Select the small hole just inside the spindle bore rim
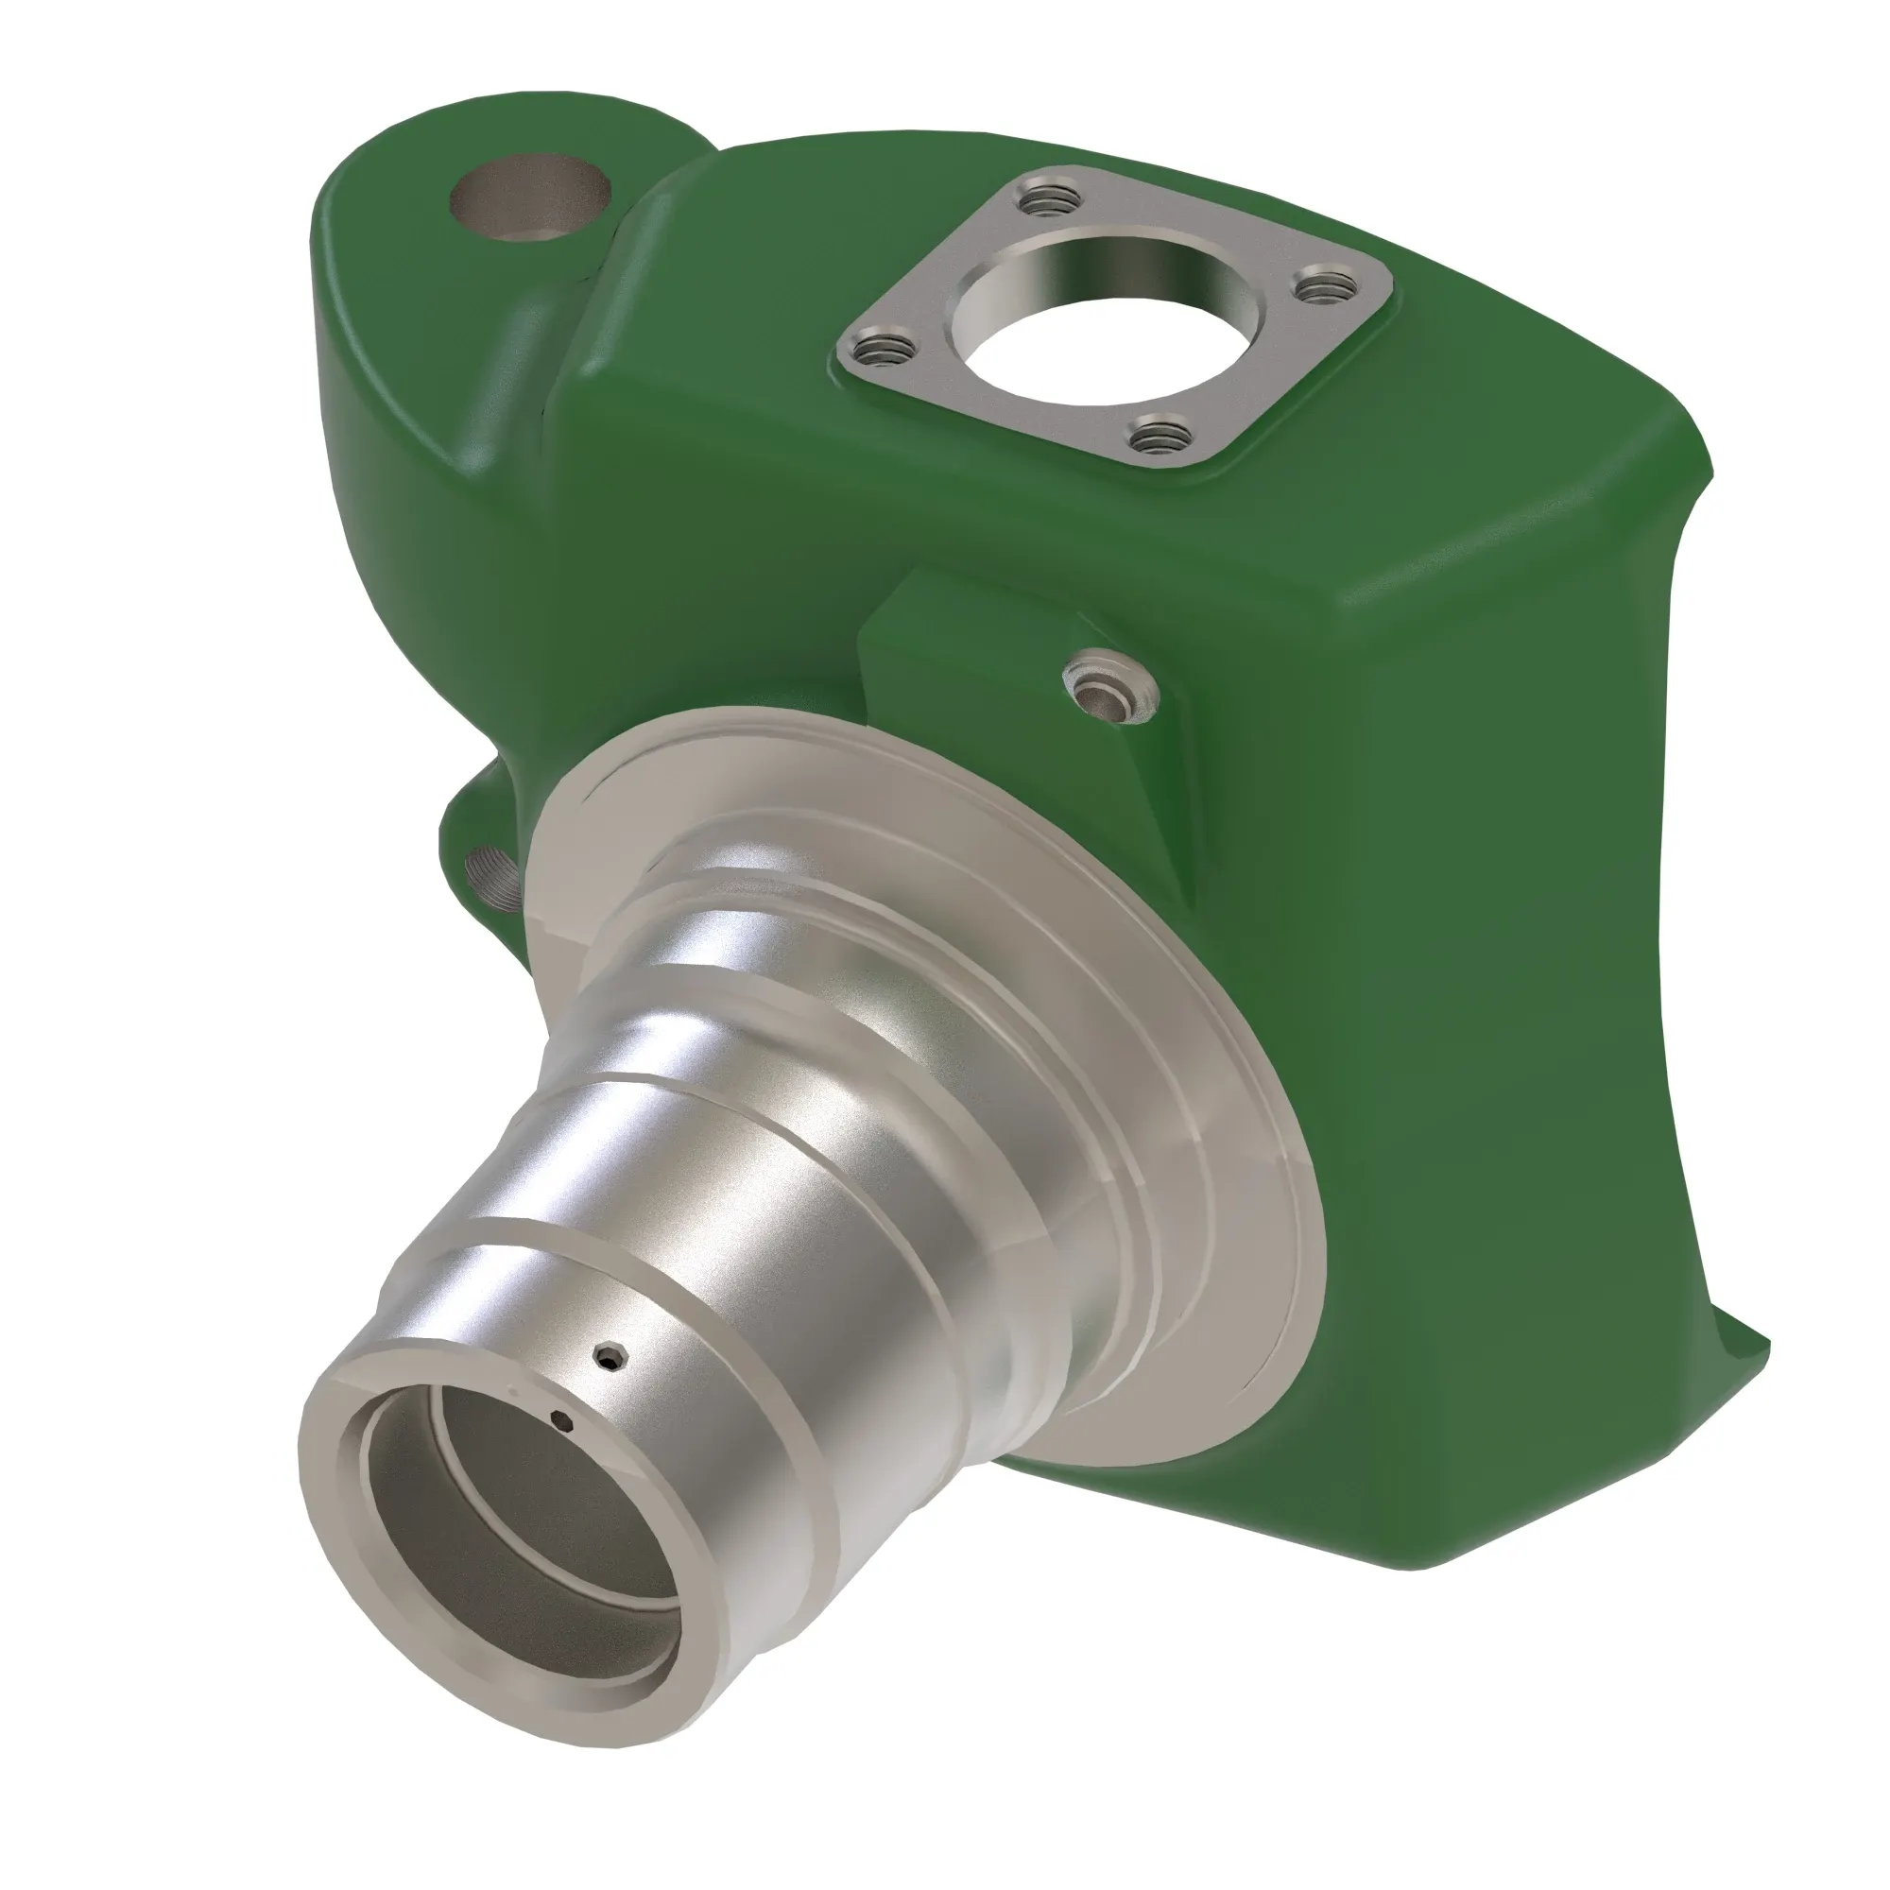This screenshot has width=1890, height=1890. point(561,1420)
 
